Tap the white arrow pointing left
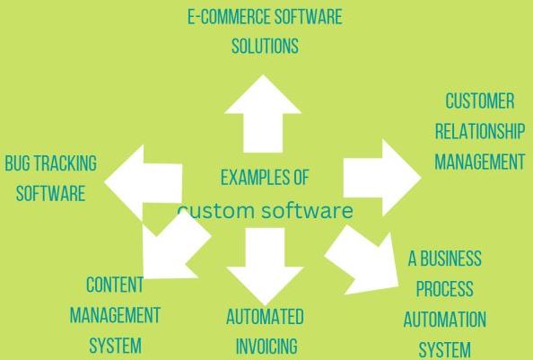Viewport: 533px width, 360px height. tap(144, 183)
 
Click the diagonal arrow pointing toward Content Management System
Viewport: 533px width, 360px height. tap(171, 247)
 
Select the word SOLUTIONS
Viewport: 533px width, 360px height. tap(265, 46)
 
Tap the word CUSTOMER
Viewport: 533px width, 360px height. tap(480, 101)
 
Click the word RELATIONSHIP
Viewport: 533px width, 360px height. tap(480, 131)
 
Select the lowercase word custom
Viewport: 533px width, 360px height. tap(216, 210)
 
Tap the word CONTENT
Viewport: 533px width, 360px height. tap(115, 285)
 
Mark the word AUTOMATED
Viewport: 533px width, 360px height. tap(265, 317)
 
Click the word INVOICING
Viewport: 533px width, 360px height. tap(266, 346)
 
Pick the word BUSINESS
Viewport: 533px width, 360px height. tap(450, 259)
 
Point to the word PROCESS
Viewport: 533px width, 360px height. tap(445, 288)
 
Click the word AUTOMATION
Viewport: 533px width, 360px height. tap(445, 320)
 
